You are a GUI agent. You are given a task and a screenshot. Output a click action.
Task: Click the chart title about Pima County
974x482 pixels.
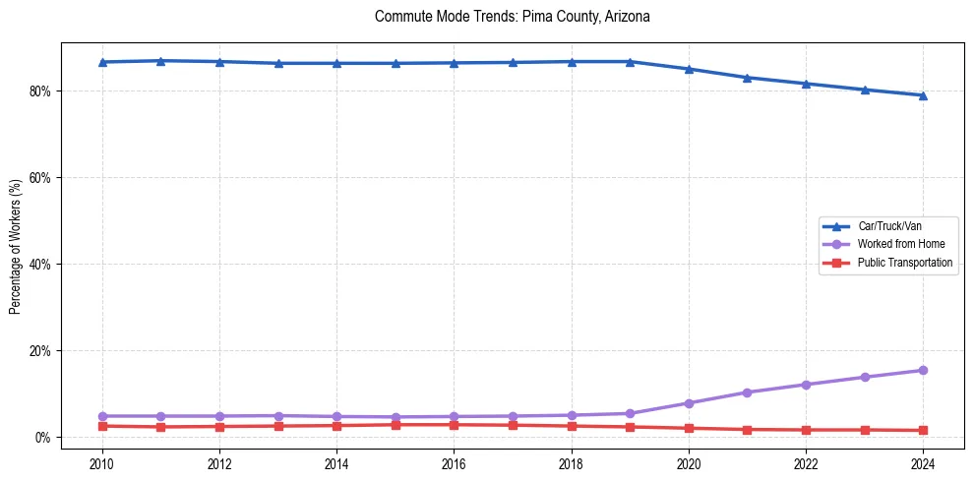(513, 17)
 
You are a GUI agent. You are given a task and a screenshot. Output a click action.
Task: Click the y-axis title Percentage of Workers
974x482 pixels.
(16, 247)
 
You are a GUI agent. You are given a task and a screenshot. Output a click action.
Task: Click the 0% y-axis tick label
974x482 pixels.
(42, 438)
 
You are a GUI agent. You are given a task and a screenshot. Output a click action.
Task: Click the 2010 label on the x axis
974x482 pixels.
(101, 462)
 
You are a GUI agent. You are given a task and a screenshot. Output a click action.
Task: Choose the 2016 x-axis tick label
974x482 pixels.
(454, 462)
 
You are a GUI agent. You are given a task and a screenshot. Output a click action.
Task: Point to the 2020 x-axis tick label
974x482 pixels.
(689, 462)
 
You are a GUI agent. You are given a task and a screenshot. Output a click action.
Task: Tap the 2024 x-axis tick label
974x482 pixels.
(923, 462)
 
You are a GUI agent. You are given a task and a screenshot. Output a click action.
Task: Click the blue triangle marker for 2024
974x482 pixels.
(923, 95)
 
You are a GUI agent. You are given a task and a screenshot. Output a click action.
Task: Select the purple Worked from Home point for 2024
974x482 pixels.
(923, 370)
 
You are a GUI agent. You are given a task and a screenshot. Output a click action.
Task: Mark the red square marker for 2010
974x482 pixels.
(101, 426)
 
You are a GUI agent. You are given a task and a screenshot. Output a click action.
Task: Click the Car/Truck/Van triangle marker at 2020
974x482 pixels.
(689, 69)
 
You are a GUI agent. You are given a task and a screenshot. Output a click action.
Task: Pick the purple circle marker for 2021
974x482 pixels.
(747, 392)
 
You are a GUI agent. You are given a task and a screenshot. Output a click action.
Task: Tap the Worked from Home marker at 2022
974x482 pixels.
(806, 385)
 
